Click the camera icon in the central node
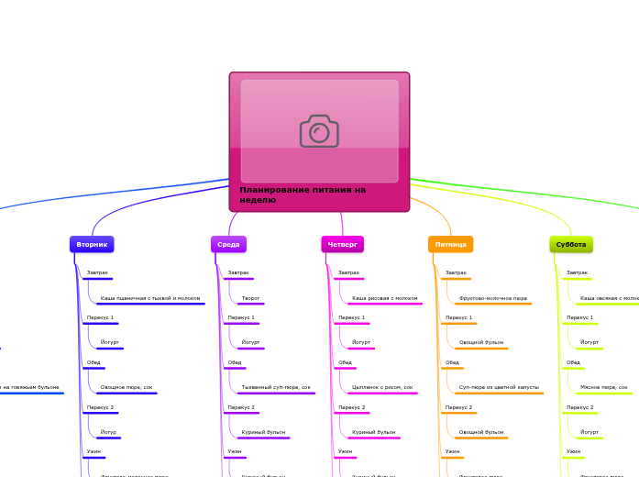(x=319, y=131)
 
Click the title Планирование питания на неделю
(x=303, y=194)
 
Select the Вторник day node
(x=92, y=244)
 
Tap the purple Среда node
(x=228, y=244)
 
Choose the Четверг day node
(x=342, y=244)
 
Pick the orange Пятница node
(x=450, y=244)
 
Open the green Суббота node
(x=571, y=244)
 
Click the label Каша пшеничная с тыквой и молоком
(x=150, y=298)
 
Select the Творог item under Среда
(x=250, y=298)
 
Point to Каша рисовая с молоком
(x=385, y=298)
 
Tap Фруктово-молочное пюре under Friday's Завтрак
(x=493, y=298)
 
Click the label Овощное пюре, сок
(x=127, y=387)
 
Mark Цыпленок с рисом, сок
(x=382, y=387)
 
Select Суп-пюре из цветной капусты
(x=499, y=387)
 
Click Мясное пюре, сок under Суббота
(x=604, y=387)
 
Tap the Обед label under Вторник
(x=94, y=362)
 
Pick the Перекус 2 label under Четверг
(x=351, y=407)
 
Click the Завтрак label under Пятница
(x=456, y=272)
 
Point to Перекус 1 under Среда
(x=241, y=317)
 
